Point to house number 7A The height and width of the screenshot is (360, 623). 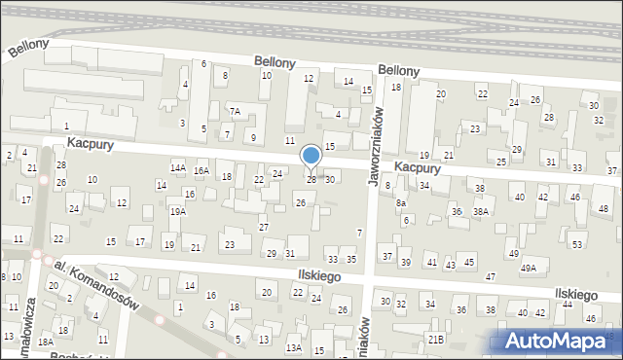235,110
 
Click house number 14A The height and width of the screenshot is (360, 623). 178,167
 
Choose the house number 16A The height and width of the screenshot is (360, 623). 202,170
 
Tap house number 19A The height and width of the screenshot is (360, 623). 177,211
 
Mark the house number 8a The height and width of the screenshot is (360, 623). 400,203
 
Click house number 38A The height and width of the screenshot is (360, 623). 480,211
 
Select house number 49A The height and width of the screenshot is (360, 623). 529,269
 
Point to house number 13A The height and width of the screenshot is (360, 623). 293,347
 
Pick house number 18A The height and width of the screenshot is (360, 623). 45,342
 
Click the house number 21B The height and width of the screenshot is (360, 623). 436,339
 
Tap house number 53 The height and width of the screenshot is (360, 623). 576,243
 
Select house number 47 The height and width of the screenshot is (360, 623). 491,277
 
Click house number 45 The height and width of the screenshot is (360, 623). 469,262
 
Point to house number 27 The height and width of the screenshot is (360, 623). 264,227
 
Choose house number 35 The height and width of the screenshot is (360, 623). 351,260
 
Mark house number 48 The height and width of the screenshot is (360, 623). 604,208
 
